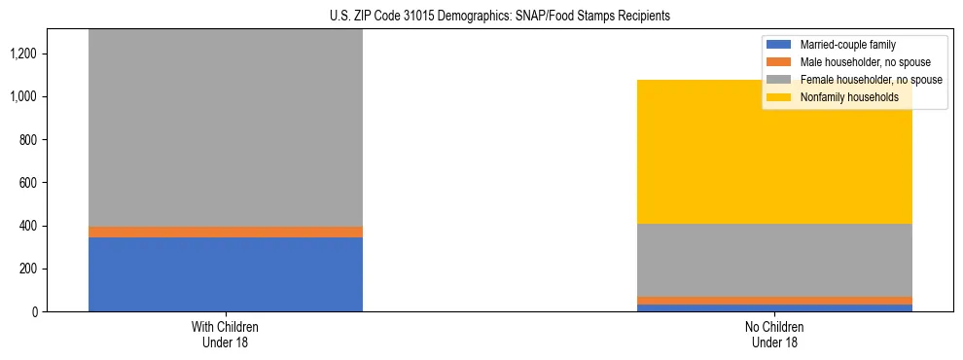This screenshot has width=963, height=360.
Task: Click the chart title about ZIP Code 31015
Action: point(481,17)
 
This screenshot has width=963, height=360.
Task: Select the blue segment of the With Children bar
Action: point(226,274)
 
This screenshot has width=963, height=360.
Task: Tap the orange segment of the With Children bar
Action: point(226,232)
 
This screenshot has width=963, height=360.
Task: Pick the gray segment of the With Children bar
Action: point(226,126)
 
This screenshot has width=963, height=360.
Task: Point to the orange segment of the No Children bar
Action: point(774,301)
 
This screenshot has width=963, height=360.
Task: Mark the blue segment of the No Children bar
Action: point(774,307)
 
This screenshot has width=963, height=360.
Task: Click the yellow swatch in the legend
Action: point(780,97)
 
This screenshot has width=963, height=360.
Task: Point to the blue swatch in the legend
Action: point(780,45)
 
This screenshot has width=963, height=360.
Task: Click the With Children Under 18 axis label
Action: point(226,334)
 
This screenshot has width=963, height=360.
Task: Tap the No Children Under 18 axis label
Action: point(774,334)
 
